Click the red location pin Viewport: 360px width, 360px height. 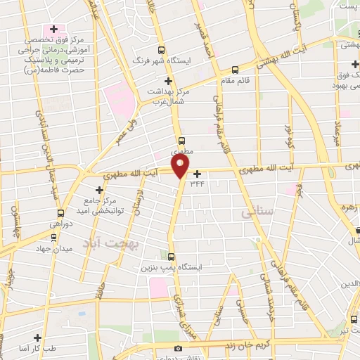181,166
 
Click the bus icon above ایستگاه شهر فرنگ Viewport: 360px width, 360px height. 162,50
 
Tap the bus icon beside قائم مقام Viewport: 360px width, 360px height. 235,70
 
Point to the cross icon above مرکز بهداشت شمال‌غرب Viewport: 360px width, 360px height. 167,80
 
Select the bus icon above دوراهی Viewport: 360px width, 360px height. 61,212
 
